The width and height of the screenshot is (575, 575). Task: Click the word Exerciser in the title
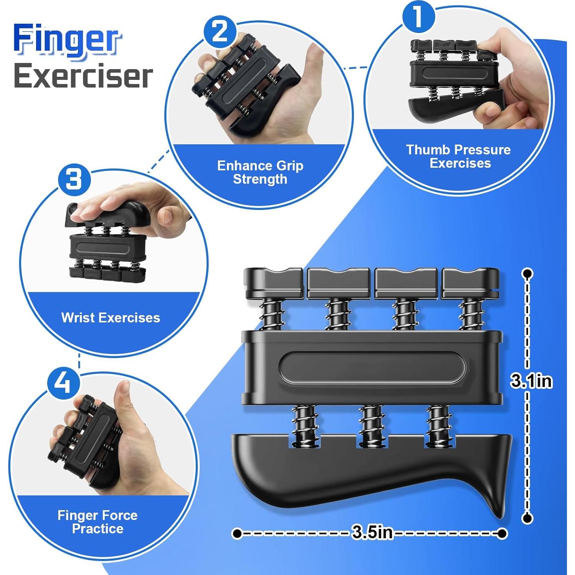(83, 76)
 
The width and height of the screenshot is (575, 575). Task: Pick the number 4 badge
(64, 383)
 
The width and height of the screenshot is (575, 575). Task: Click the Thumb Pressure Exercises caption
(458, 156)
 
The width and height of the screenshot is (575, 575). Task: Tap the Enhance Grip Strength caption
(260, 172)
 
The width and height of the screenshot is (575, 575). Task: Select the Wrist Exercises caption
(111, 318)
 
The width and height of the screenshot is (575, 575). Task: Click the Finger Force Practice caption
(97, 522)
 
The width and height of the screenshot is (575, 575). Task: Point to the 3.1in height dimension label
(531, 381)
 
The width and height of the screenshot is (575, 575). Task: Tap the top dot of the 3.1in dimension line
(528, 274)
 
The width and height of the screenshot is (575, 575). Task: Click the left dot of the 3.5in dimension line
(237, 533)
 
